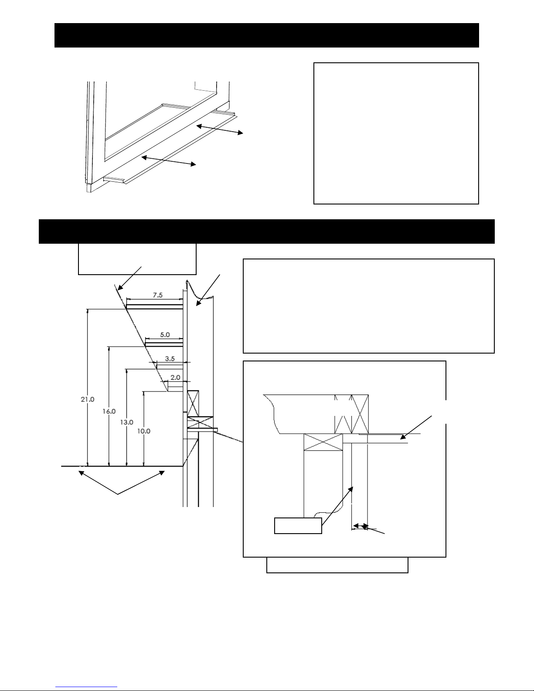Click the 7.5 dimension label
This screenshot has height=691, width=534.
158,295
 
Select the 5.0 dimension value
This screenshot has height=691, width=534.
165,334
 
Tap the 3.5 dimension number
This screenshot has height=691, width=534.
170,359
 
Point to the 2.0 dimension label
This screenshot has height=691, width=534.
175,378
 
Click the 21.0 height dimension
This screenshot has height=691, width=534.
88,399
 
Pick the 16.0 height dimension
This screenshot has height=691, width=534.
109,412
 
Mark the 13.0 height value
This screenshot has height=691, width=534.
126,422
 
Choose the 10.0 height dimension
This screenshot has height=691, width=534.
144,431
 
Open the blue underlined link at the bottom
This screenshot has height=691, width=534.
86,687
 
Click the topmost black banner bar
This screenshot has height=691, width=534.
267,35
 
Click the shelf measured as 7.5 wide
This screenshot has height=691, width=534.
154,306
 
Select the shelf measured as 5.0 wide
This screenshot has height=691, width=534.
164,344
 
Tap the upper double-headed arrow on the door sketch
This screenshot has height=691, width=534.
220,129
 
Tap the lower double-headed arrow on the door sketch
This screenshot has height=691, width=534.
168,160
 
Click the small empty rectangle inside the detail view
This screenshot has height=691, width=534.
298,526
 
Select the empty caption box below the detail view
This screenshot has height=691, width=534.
337,565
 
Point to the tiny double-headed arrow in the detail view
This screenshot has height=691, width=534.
361,526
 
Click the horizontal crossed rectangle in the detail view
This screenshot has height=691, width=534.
323,442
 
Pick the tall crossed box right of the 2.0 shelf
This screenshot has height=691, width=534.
193,404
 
